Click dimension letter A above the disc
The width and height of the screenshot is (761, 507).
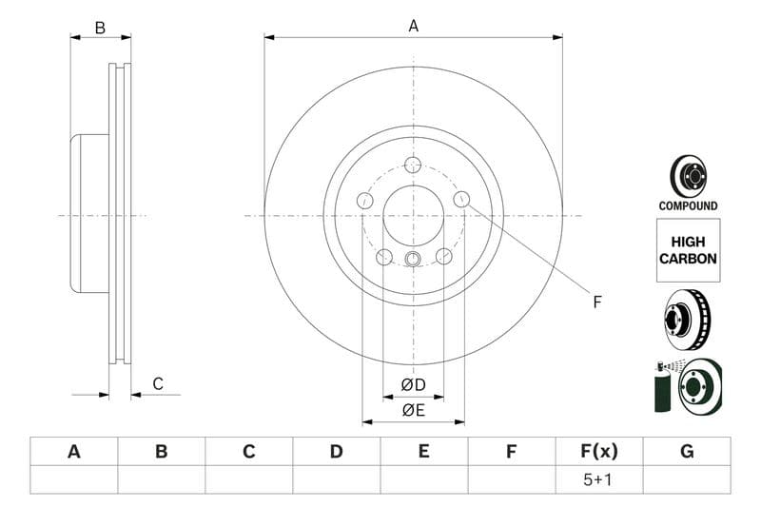413,27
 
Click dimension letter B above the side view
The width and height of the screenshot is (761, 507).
100,28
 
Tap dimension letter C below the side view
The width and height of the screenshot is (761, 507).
158,384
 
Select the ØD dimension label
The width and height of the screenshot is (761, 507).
413,384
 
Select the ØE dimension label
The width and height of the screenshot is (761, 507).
413,410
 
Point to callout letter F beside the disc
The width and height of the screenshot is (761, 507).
597,302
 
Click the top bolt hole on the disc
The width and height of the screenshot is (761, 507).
413,165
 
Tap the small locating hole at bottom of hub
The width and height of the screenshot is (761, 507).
413,260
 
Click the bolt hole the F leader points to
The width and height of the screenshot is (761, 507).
461,199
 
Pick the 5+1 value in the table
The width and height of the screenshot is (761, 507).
599,480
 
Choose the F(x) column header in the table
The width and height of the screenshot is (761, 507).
599,452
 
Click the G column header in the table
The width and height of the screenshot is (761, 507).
687,452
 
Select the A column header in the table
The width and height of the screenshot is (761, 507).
74,452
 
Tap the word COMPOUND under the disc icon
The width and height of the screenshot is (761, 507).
688,205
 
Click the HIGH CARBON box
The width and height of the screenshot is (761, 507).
688,250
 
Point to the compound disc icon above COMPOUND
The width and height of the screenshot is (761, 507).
688,176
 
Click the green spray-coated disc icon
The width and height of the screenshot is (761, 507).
689,386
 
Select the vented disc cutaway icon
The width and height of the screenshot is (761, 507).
688,321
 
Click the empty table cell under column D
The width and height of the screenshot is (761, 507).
336,480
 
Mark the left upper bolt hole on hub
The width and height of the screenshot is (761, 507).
364,200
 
